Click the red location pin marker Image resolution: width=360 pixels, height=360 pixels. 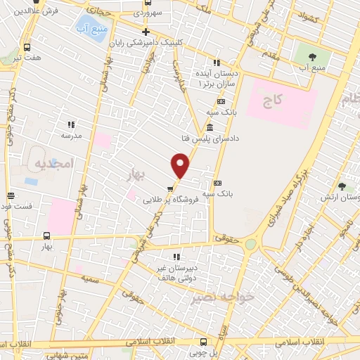[181, 167]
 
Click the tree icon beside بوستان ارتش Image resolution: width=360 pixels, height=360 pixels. [342, 186]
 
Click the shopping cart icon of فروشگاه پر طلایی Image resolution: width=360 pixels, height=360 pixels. [169, 188]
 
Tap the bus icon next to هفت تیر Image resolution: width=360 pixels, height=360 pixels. [27, 47]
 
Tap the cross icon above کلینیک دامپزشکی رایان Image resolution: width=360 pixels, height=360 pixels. [146, 32]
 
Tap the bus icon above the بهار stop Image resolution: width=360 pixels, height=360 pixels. [47, 236]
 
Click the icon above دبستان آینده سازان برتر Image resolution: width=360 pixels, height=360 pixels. [217, 62]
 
